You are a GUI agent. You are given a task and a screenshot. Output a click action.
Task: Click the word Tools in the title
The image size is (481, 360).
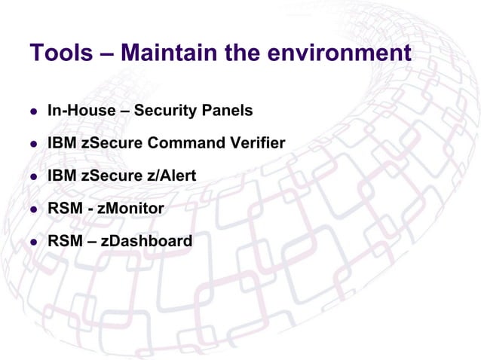60,54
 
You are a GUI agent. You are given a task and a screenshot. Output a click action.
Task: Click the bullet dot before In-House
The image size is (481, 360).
33,111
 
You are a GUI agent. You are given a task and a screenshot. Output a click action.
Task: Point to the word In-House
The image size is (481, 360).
77,111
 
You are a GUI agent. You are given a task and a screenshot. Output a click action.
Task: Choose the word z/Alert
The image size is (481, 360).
172,175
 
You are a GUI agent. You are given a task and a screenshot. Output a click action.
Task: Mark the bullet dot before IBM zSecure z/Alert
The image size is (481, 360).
33,177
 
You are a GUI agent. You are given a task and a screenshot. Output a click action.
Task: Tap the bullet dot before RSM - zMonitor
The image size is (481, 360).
33,209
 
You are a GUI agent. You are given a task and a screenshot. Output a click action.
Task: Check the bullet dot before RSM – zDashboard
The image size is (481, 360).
33,243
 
